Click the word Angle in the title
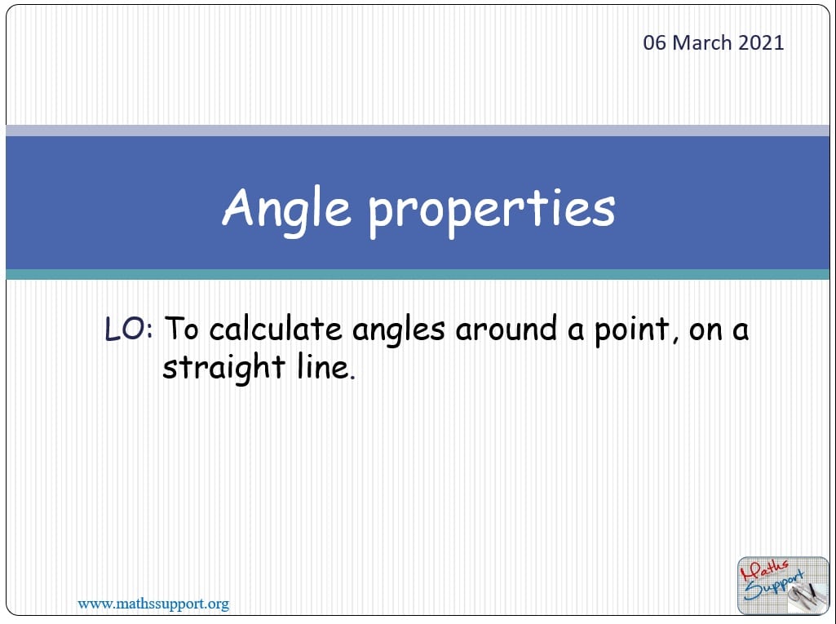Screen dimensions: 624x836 [286, 208]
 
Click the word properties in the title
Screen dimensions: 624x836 [491, 210]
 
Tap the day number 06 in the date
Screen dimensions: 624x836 [654, 43]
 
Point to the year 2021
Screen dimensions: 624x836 [761, 43]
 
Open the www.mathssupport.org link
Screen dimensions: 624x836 [153, 604]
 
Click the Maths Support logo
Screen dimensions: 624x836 [771, 584]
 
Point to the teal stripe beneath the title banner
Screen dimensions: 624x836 [418, 275]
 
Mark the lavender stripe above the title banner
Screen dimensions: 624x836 [418, 130]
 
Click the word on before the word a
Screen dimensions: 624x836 [706, 330]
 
